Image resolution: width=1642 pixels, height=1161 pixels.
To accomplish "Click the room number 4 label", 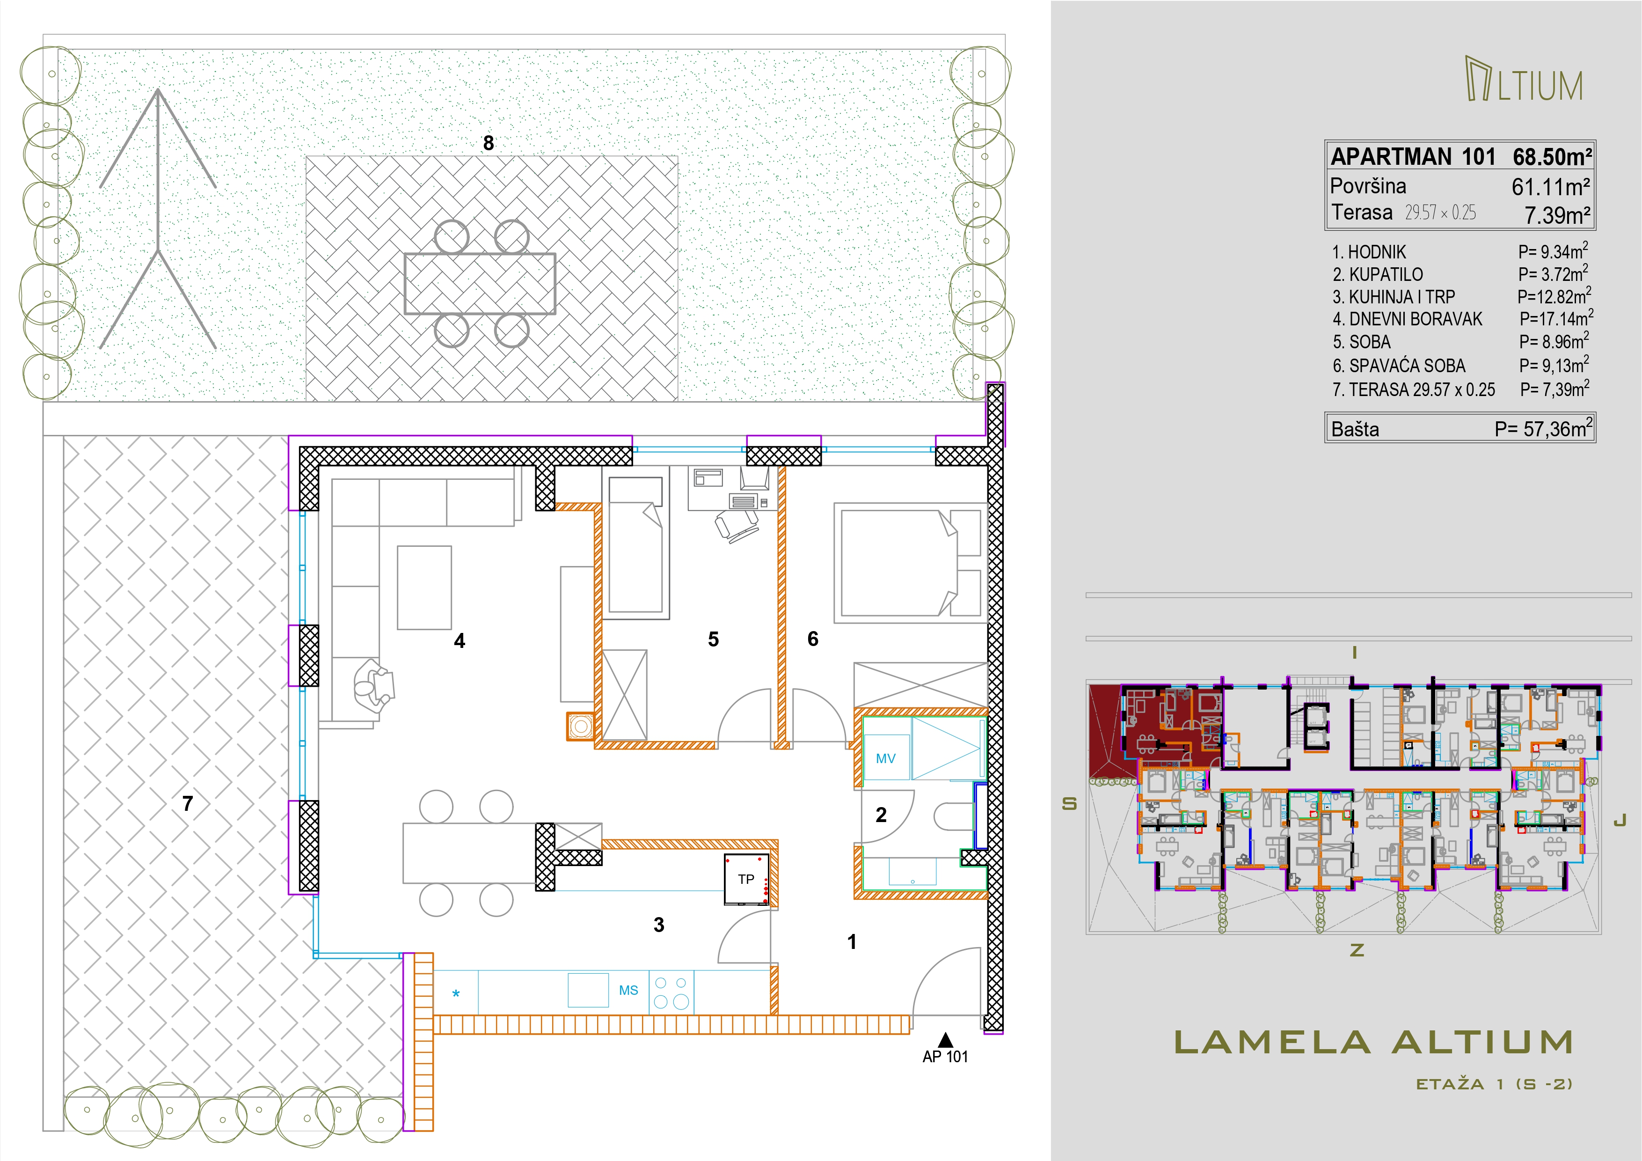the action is pyautogui.click(x=460, y=641).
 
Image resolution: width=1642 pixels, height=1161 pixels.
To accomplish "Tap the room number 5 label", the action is pyautogui.click(x=713, y=639).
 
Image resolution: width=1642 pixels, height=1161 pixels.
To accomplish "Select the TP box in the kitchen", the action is pyautogui.click(x=747, y=880).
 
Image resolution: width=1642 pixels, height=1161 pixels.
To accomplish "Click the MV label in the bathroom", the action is pyautogui.click(x=885, y=758).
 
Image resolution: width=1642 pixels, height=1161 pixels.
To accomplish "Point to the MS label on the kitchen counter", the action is pyautogui.click(x=628, y=990).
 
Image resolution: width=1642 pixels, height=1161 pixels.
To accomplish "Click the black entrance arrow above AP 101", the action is pyautogui.click(x=945, y=1039).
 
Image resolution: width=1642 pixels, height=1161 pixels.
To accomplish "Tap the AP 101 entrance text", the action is pyautogui.click(x=945, y=1057).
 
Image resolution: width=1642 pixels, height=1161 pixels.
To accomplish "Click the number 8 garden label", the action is pyautogui.click(x=489, y=143).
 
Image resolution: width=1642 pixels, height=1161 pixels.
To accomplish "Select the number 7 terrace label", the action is pyautogui.click(x=187, y=803).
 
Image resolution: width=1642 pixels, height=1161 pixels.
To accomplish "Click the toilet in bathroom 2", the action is pyautogui.click(x=954, y=816).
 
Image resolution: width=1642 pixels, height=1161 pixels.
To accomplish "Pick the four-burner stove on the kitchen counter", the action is pyautogui.click(x=671, y=992).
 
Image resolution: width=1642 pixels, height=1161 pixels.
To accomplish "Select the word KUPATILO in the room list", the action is pyautogui.click(x=1386, y=275).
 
